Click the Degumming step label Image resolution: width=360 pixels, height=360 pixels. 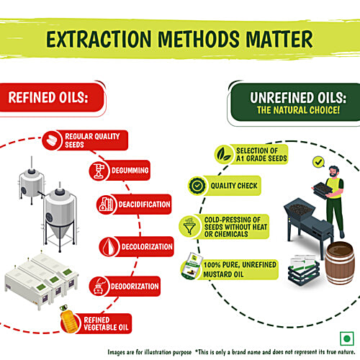130,171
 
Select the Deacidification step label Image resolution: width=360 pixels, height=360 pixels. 144,204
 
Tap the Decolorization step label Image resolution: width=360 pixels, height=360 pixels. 147,247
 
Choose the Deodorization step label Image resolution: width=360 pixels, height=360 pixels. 135,287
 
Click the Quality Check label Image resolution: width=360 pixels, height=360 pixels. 234,186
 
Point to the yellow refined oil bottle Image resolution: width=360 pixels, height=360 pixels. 68,319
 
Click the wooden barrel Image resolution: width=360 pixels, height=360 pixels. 340,263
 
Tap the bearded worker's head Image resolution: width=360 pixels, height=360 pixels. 334,171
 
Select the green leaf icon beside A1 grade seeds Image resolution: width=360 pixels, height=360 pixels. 224,154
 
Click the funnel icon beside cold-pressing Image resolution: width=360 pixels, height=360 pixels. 189,226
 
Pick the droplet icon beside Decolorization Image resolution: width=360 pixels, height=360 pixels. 109,246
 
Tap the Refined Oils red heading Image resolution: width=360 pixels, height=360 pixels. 48,97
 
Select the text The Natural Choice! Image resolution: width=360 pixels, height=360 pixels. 298,110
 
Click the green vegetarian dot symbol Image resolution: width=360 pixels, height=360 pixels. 347,338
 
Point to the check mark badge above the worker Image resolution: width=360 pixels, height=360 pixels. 319,162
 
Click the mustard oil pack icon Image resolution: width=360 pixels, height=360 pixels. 192,266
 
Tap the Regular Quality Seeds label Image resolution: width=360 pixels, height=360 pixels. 92,140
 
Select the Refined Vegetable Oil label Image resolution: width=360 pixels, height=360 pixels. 106,323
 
